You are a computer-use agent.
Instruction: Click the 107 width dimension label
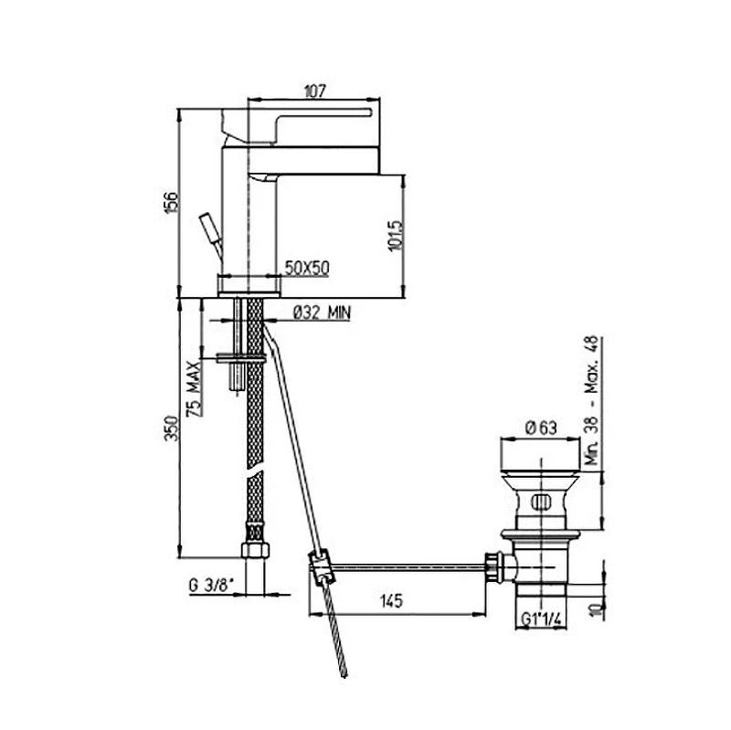(x=314, y=90)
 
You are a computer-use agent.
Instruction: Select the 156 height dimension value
(x=172, y=202)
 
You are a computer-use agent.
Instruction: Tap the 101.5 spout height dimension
(x=396, y=236)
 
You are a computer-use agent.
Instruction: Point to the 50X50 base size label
(x=307, y=268)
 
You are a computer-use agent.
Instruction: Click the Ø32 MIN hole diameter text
(x=322, y=312)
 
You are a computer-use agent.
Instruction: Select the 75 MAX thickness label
(x=195, y=389)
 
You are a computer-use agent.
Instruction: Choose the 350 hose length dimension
(x=172, y=428)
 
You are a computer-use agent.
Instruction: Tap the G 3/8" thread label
(x=211, y=585)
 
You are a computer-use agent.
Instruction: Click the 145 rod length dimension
(x=391, y=601)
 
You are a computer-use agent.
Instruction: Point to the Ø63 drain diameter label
(x=541, y=428)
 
